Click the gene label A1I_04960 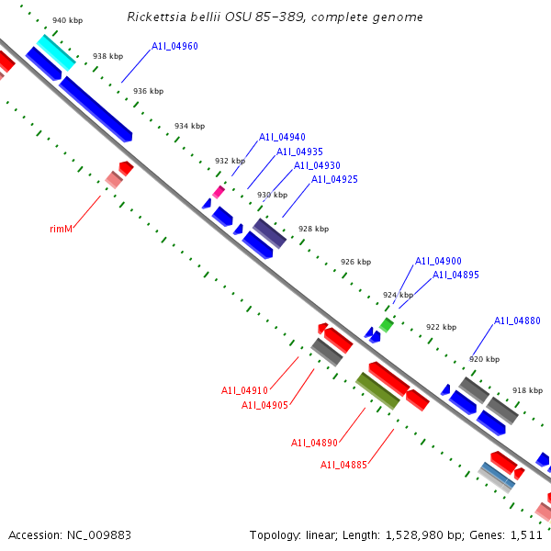(x=174, y=46)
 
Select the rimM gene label (x=61, y=229)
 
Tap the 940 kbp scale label (x=66, y=20)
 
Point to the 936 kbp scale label (x=148, y=91)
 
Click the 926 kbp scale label (x=355, y=262)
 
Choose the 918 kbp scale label (x=527, y=390)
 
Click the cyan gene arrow (x=56, y=52)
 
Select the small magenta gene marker (x=219, y=191)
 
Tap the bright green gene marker (x=387, y=324)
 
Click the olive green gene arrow (x=377, y=390)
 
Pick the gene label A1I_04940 (x=282, y=137)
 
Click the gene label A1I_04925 (x=334, y=179)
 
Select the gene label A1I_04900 (x=438, y=261)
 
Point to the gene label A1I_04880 (x=517, y=320)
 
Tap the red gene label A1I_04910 (x=244, y=390)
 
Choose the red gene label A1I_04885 (x=343, y=465)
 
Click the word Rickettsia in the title (x=156, y=17)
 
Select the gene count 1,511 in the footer (x=525, y=534)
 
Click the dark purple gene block (x=270, y=233)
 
